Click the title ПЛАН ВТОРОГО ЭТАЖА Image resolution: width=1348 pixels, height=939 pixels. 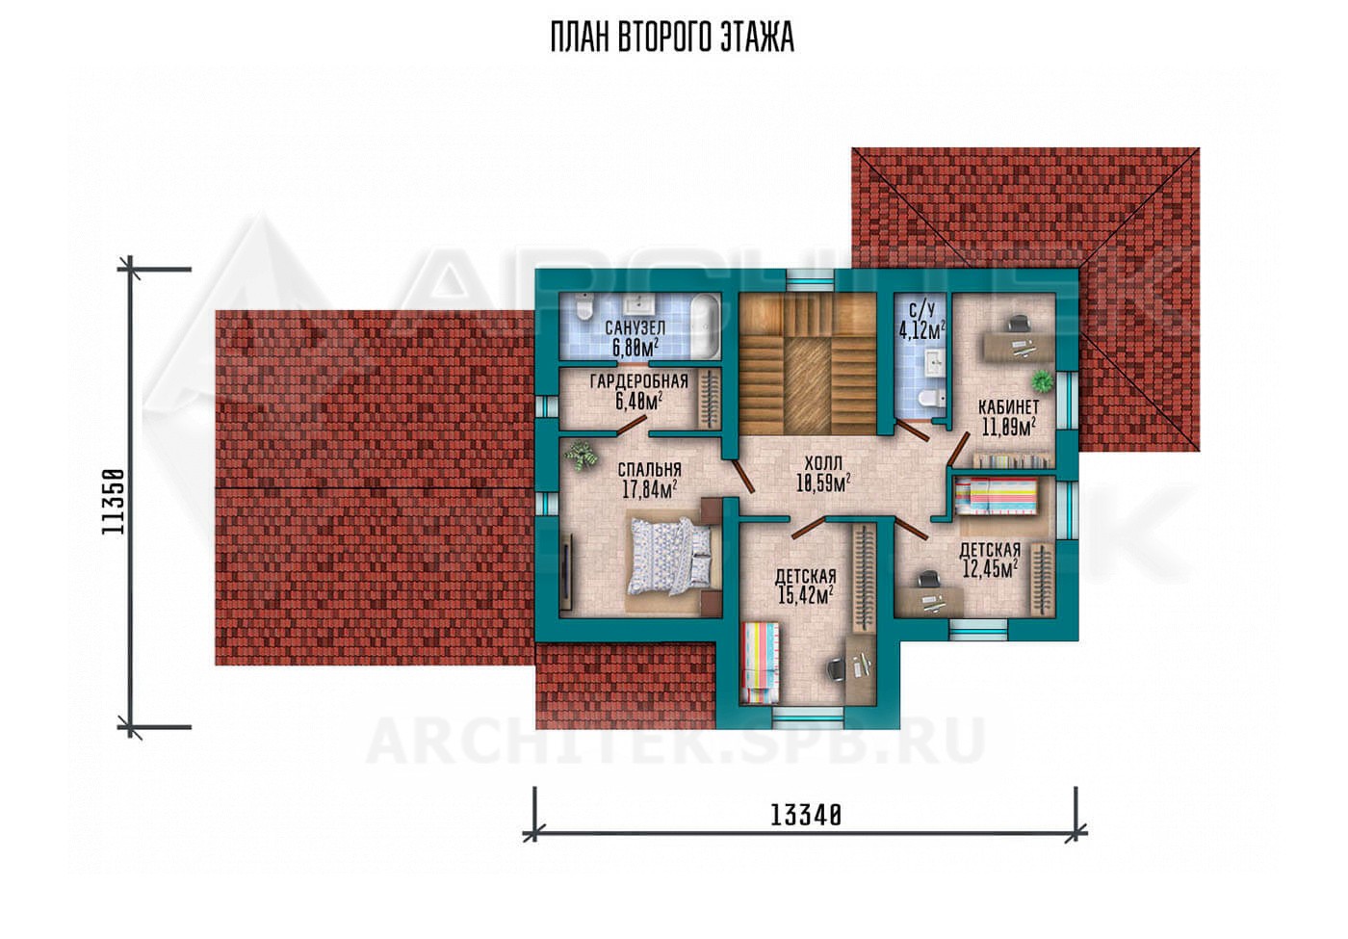[x=672, y=38]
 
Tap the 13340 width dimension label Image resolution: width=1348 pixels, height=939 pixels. [x=806, y=817]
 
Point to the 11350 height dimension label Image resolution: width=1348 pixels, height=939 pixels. [x=114, y=502]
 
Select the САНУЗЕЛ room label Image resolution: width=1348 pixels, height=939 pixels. [x=635, y=327]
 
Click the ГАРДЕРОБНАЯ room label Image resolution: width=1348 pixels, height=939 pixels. [x=638, y=381]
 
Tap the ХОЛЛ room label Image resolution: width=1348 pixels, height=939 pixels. [x=823, y=463]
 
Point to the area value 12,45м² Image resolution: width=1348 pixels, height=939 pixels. [x=990, y=567]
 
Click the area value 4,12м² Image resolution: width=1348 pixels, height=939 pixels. [x=921, y=329]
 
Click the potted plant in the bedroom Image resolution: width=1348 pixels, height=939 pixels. [x=582, y=456]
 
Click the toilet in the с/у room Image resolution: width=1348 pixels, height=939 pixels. [x=932, y=398]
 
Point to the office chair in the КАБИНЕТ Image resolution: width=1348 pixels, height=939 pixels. [x=1017, y=324]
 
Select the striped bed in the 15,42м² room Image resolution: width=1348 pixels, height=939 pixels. [x=762, y=663]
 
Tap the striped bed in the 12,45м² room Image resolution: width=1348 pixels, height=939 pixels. [x=996, y=496]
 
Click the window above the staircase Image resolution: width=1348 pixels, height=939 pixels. [x=811, y=280]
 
